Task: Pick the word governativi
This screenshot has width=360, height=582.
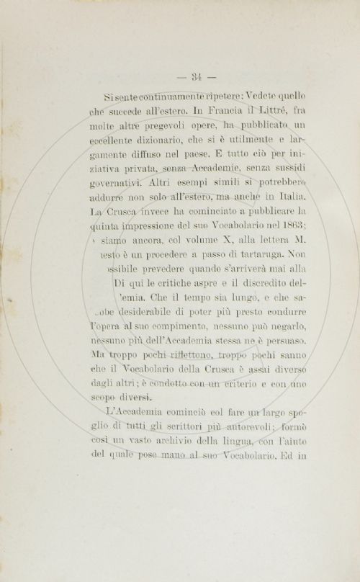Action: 128,192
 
